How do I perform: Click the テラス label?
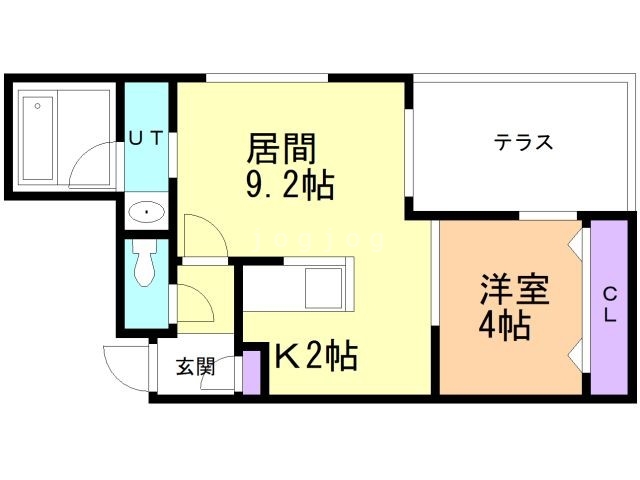pos(523,142)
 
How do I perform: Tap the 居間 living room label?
pos(281,150)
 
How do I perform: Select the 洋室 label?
pos(515,290)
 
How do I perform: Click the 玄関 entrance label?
pos(196,367)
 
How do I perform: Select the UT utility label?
pos(145,140)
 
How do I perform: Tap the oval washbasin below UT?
pos(147,212)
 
